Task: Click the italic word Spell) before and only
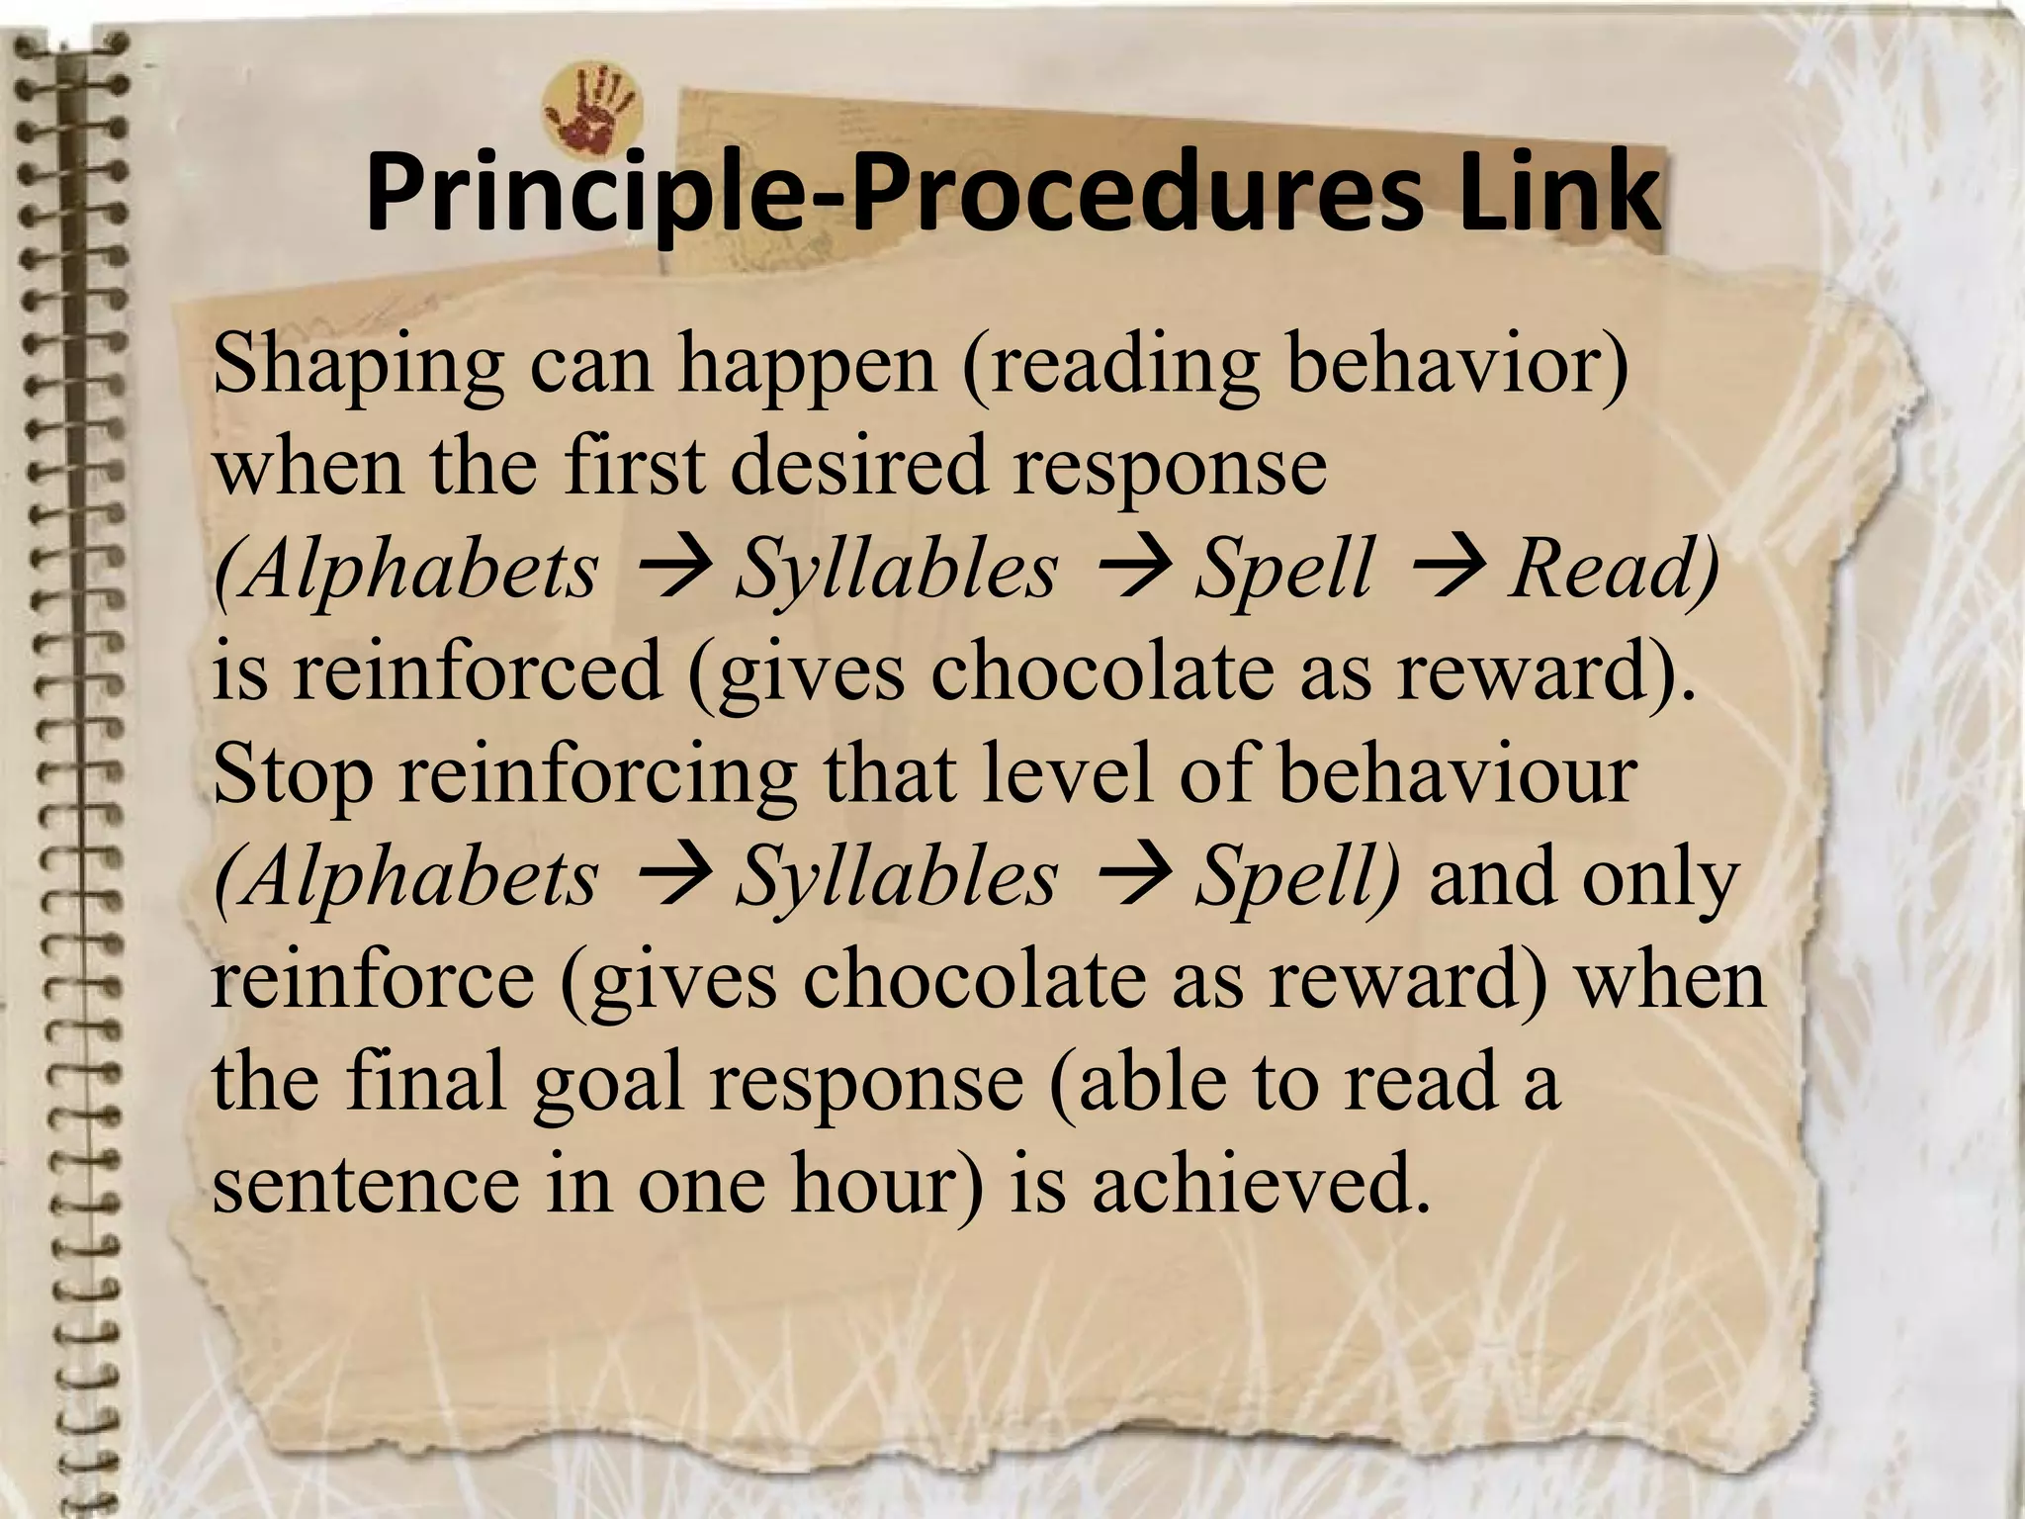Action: (x=1296, y=877)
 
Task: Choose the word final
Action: (x=426, y=1081)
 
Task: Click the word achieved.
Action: (x=1261, y=1184)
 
